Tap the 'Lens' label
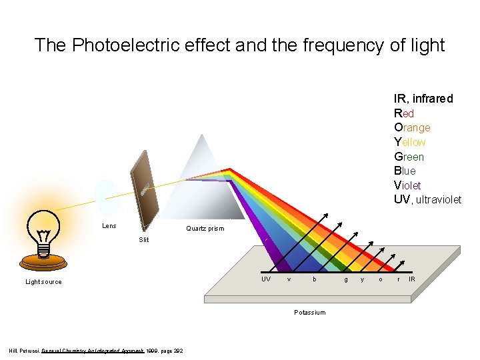pyautogui.click(x=109, y=226)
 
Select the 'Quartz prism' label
pyautogui.click(x=205, y=229)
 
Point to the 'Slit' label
pyautogui.click(x=144, y=239)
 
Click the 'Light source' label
pyautogui.click(x=43, y=282)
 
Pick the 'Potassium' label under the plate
pyautogui.click(x=310, y=313)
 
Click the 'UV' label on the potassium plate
pyautogui.click(x=266, y=279)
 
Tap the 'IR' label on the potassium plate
pyautogui.click(x=412, y=279)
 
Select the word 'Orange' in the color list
pyautogui.click(x=412, y=127)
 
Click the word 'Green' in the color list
pyautogui.click(x=409, y=157)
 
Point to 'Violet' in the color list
pyautogui.click(x=407, y=185)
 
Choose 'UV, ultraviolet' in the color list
pyautogui.click(x=427, y=200)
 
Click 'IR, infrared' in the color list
pyautogui.click(x=423, y=99)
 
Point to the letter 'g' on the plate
pyautogui.click(x=345, y=279)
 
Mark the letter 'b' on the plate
pyautogui.click(x=315, y=279)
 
